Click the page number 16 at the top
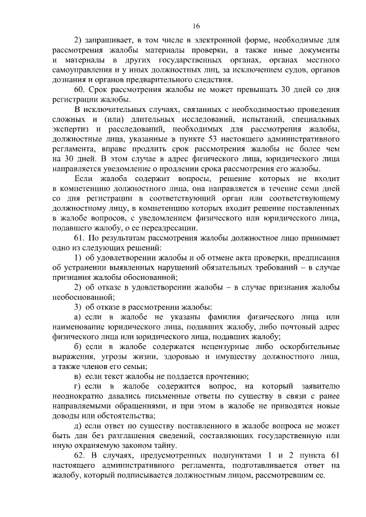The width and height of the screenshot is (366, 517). coord(196,26)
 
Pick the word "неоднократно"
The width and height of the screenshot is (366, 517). coord(78,396)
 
